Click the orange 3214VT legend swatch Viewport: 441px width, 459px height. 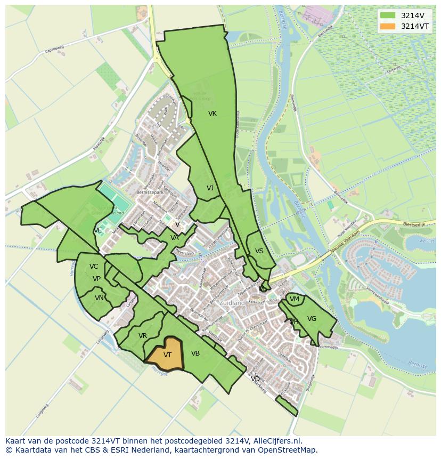pyautogui.click(x=388, y=26)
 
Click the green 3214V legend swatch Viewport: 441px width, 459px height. pyautogui.click(x=388, y=15)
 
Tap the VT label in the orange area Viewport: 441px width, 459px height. pyautogui.click(x=167, y=355)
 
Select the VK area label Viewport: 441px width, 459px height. pyautogui.click(x=213, y=114)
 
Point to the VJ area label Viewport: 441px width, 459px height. pyautogui.click(x=210, y=188)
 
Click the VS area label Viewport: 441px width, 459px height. pyautogui.click(x=259, y=251)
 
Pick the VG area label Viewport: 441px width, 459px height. pyautogui.click(x=312, y=319)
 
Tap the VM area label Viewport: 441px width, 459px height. pyautogui.click(x=294, y=299)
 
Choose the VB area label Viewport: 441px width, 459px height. pyautogui.click(x=195, y=353)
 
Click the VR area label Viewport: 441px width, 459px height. pyautogui.click(x=143, y=336)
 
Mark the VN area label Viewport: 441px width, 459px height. pyautogui.click(x=99, y=298)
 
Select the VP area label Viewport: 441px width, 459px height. pyautogui.click(x=96, y=279)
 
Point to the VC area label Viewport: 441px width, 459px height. pyautogui.click(x=94, y=267)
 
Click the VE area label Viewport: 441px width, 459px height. pyautogui.click(x=98, y=230)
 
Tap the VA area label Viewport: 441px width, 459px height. pyautogui.click(x=175, y=238)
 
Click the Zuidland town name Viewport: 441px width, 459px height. pyautogui.click(x=233, y=303)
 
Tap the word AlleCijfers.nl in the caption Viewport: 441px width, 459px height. pyautogui.click(x=276, y=441)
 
